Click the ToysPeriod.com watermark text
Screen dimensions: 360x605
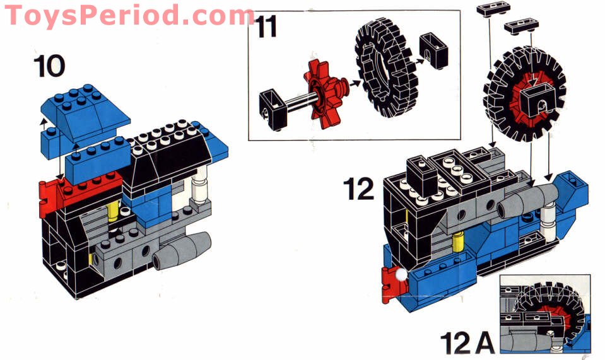129,15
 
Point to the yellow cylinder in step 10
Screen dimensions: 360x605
113,211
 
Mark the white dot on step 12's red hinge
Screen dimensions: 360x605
401,274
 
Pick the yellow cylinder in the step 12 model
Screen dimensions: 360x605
460,240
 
